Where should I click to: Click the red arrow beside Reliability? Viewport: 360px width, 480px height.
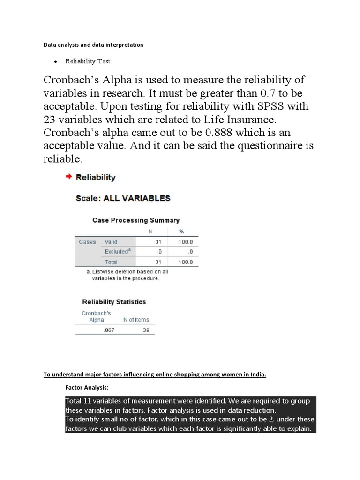[x=68, y=177]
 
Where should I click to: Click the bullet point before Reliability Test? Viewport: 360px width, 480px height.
[x=56, y=61]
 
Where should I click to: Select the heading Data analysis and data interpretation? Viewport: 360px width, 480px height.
[x=93, y=45]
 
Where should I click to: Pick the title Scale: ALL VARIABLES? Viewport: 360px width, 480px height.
[x=123, y=198]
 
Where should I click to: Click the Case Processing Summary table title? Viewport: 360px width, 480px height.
[x=136, y=220]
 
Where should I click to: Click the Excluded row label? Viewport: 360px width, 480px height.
[x=117, y=252]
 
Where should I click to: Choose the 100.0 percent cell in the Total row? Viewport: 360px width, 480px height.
[x=186, y=262]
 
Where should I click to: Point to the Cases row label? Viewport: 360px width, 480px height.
[x=87, y=242]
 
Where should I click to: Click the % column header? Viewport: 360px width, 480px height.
[x=181, y=232]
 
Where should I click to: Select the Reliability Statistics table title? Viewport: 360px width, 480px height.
[x=114, y=302]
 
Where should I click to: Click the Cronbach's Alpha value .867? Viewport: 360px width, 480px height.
[x=109, y=330]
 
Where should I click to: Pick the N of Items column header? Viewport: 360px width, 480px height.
[x=136, y=320]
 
